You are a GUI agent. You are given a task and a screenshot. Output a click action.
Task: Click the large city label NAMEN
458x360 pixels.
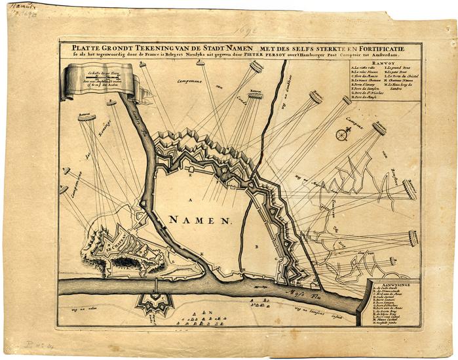(198, 221)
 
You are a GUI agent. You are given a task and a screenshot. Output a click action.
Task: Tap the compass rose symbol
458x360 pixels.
(341, 135)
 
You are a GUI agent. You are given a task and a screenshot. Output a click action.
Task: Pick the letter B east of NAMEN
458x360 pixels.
(257, 247)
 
